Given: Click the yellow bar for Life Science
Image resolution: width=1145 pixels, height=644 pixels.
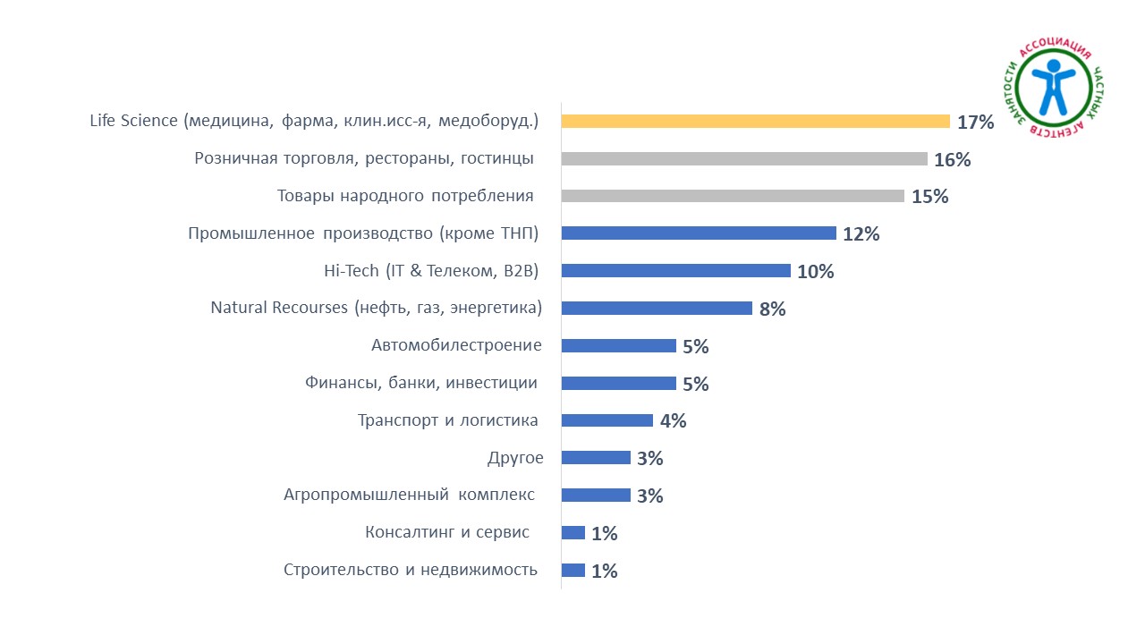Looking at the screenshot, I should pos(755,122).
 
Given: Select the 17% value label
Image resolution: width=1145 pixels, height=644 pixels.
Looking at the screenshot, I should pos(975,123).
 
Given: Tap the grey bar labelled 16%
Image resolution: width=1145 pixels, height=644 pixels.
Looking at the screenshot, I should pos(744,159).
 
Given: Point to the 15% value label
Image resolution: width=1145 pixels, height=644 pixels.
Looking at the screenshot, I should pos(929,197).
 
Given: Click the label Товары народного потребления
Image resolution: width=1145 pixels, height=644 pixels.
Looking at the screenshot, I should pos(405,196).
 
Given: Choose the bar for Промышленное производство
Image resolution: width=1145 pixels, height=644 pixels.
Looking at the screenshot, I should pos(699,233).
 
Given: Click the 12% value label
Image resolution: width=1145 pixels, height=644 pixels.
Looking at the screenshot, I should pos(861,234).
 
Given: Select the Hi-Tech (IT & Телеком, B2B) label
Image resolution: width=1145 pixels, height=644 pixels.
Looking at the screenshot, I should pos(431,271).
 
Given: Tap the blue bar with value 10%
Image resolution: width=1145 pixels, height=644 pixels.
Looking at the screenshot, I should pos(675,271).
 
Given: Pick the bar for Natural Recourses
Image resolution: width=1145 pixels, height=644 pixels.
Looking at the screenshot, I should pos(657,309).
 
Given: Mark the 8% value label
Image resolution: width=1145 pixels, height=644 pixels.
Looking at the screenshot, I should pos(772,309).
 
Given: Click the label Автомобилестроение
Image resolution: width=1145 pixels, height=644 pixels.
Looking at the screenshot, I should pos(456,345).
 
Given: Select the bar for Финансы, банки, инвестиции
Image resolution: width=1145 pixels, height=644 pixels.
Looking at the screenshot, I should pos(618,383).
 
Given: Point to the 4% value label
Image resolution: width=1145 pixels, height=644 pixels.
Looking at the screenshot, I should pos(673,421).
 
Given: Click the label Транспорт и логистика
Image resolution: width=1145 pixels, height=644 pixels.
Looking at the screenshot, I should pos(448,420).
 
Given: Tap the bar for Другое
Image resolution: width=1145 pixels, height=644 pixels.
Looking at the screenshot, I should pos(596,458).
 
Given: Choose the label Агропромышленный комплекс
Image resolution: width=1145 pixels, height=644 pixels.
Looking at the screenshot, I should pos(409,495).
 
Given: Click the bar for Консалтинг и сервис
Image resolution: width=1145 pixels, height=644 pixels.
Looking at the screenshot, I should pos(572,533).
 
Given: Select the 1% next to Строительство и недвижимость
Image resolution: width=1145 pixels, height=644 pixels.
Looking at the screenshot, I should pos(605,571).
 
